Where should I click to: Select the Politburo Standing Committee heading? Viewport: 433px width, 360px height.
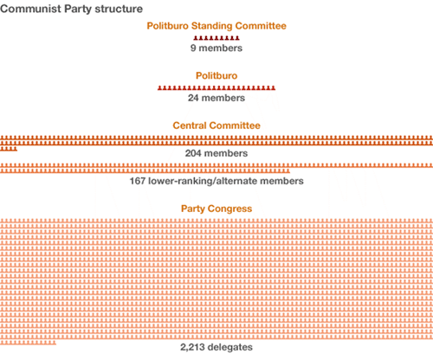click(216, 26)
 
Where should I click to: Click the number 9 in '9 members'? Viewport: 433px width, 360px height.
click(194, 49)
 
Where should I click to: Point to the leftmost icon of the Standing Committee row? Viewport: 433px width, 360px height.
click(195, 39)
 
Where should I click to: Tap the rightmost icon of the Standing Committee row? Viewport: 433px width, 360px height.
click(238, 39)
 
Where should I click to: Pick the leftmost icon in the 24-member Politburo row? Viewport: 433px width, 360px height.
click(159, 88)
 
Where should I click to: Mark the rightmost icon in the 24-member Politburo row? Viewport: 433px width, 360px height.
click(273, 88)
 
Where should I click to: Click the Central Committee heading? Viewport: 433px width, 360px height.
click(216, 125)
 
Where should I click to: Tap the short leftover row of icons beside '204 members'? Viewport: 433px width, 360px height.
click(9, 149)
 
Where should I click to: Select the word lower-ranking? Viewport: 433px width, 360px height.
click(184, 182)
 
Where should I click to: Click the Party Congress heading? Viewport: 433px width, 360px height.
click(216, 209)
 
